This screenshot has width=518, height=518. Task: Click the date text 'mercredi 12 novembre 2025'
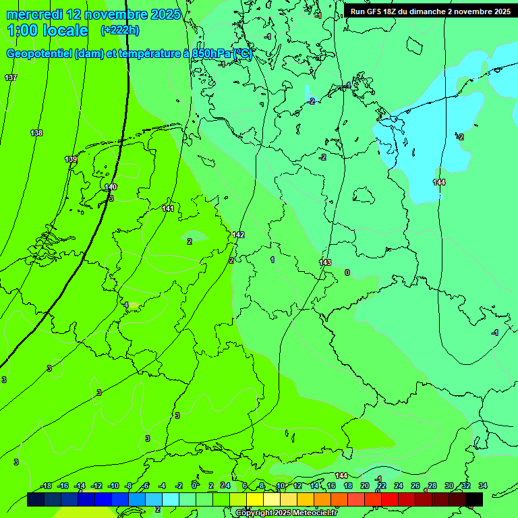tap(94, 14)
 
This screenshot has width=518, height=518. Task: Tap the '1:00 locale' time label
tap(48, 30)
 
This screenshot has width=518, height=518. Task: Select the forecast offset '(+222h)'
tap(120, 30)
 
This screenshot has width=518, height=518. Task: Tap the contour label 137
tap(11, 78)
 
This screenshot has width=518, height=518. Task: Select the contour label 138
tap(36, 133)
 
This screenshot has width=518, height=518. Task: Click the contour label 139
tap(71, 159)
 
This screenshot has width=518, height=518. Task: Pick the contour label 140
tap(111, 187)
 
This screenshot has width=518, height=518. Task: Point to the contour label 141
tap(168, 208)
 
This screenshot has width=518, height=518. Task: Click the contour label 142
tap(238, 235)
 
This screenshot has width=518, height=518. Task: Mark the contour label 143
tap(325, 262)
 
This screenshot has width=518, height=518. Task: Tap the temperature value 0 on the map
tap(347, 272)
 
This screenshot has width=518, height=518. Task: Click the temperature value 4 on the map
tap(126, 305)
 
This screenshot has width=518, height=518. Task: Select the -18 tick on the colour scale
tap(46, 486)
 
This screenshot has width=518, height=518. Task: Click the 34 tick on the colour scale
tap(483, 486)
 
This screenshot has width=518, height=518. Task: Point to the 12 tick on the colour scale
tap(297, 486)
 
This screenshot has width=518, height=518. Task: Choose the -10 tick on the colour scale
tap(113, 486)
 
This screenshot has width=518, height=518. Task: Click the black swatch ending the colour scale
tap(474, 500)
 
